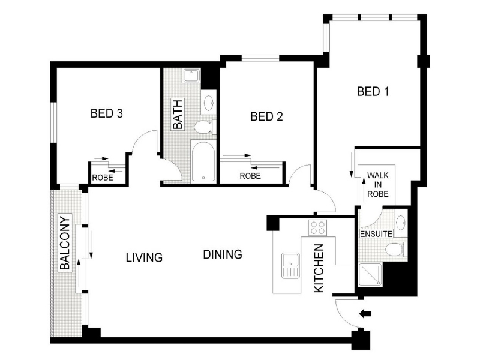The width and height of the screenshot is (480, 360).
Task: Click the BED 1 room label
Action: [373, 92]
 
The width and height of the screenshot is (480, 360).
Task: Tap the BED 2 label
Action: [266, 116]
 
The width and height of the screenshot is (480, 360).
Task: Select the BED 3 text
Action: [107, 113]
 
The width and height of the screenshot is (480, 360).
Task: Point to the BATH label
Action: [178, 114]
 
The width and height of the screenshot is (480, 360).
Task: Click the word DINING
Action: [223, 254]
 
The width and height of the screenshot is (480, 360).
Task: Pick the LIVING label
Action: [144, 257]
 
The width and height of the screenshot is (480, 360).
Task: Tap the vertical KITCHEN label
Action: [319, 268]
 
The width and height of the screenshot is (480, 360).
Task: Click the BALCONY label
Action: [65, 244]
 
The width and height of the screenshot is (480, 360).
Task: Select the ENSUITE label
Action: [376, 234]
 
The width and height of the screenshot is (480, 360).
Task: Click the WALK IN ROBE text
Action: [378, 185]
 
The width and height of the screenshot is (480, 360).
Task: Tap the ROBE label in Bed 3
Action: [103, 178]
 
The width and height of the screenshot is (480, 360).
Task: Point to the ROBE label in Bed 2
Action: [250, 176]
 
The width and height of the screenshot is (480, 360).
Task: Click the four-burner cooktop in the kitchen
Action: [317, 228]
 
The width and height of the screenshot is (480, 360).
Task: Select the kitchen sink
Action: [290, 266]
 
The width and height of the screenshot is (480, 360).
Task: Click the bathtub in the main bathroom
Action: [203, 161]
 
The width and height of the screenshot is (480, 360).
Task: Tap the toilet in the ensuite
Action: [396, 249]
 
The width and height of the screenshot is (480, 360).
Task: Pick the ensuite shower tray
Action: [370, 275]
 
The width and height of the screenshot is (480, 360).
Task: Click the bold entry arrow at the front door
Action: [365, 314]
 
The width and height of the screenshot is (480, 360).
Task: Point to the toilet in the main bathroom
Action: [205, 127]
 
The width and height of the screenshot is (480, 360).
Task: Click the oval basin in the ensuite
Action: [400, 223]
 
